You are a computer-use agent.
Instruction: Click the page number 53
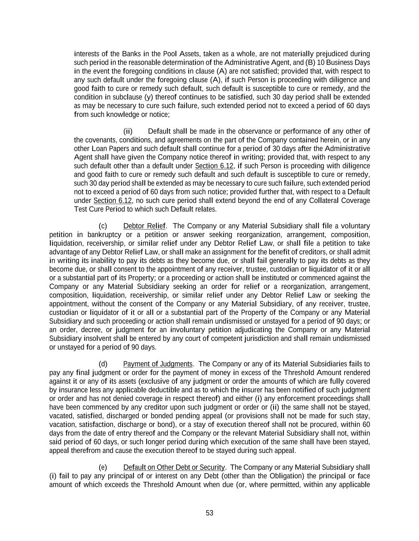click(209, 513)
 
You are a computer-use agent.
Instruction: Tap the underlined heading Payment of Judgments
click(158, 364)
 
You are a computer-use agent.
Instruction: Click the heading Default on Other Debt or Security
click(174, 467)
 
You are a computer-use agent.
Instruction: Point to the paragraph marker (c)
click(103, 226)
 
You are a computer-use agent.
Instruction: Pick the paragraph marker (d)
click(103, 364)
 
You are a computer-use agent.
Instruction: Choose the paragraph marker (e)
click(103, 467)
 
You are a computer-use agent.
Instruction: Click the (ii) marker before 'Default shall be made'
click(128, 131)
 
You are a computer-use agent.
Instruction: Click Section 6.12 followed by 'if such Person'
click(214, 166)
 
